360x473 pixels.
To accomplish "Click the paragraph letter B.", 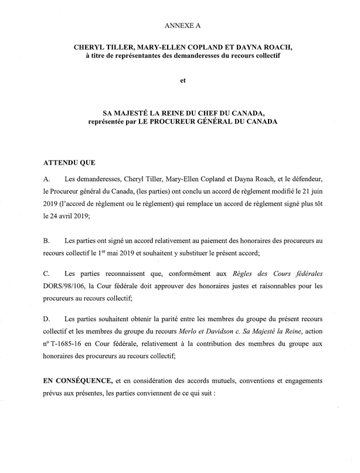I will (47, 241).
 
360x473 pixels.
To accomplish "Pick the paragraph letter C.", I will (47, 273).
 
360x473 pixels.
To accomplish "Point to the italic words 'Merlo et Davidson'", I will (203, 334).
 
